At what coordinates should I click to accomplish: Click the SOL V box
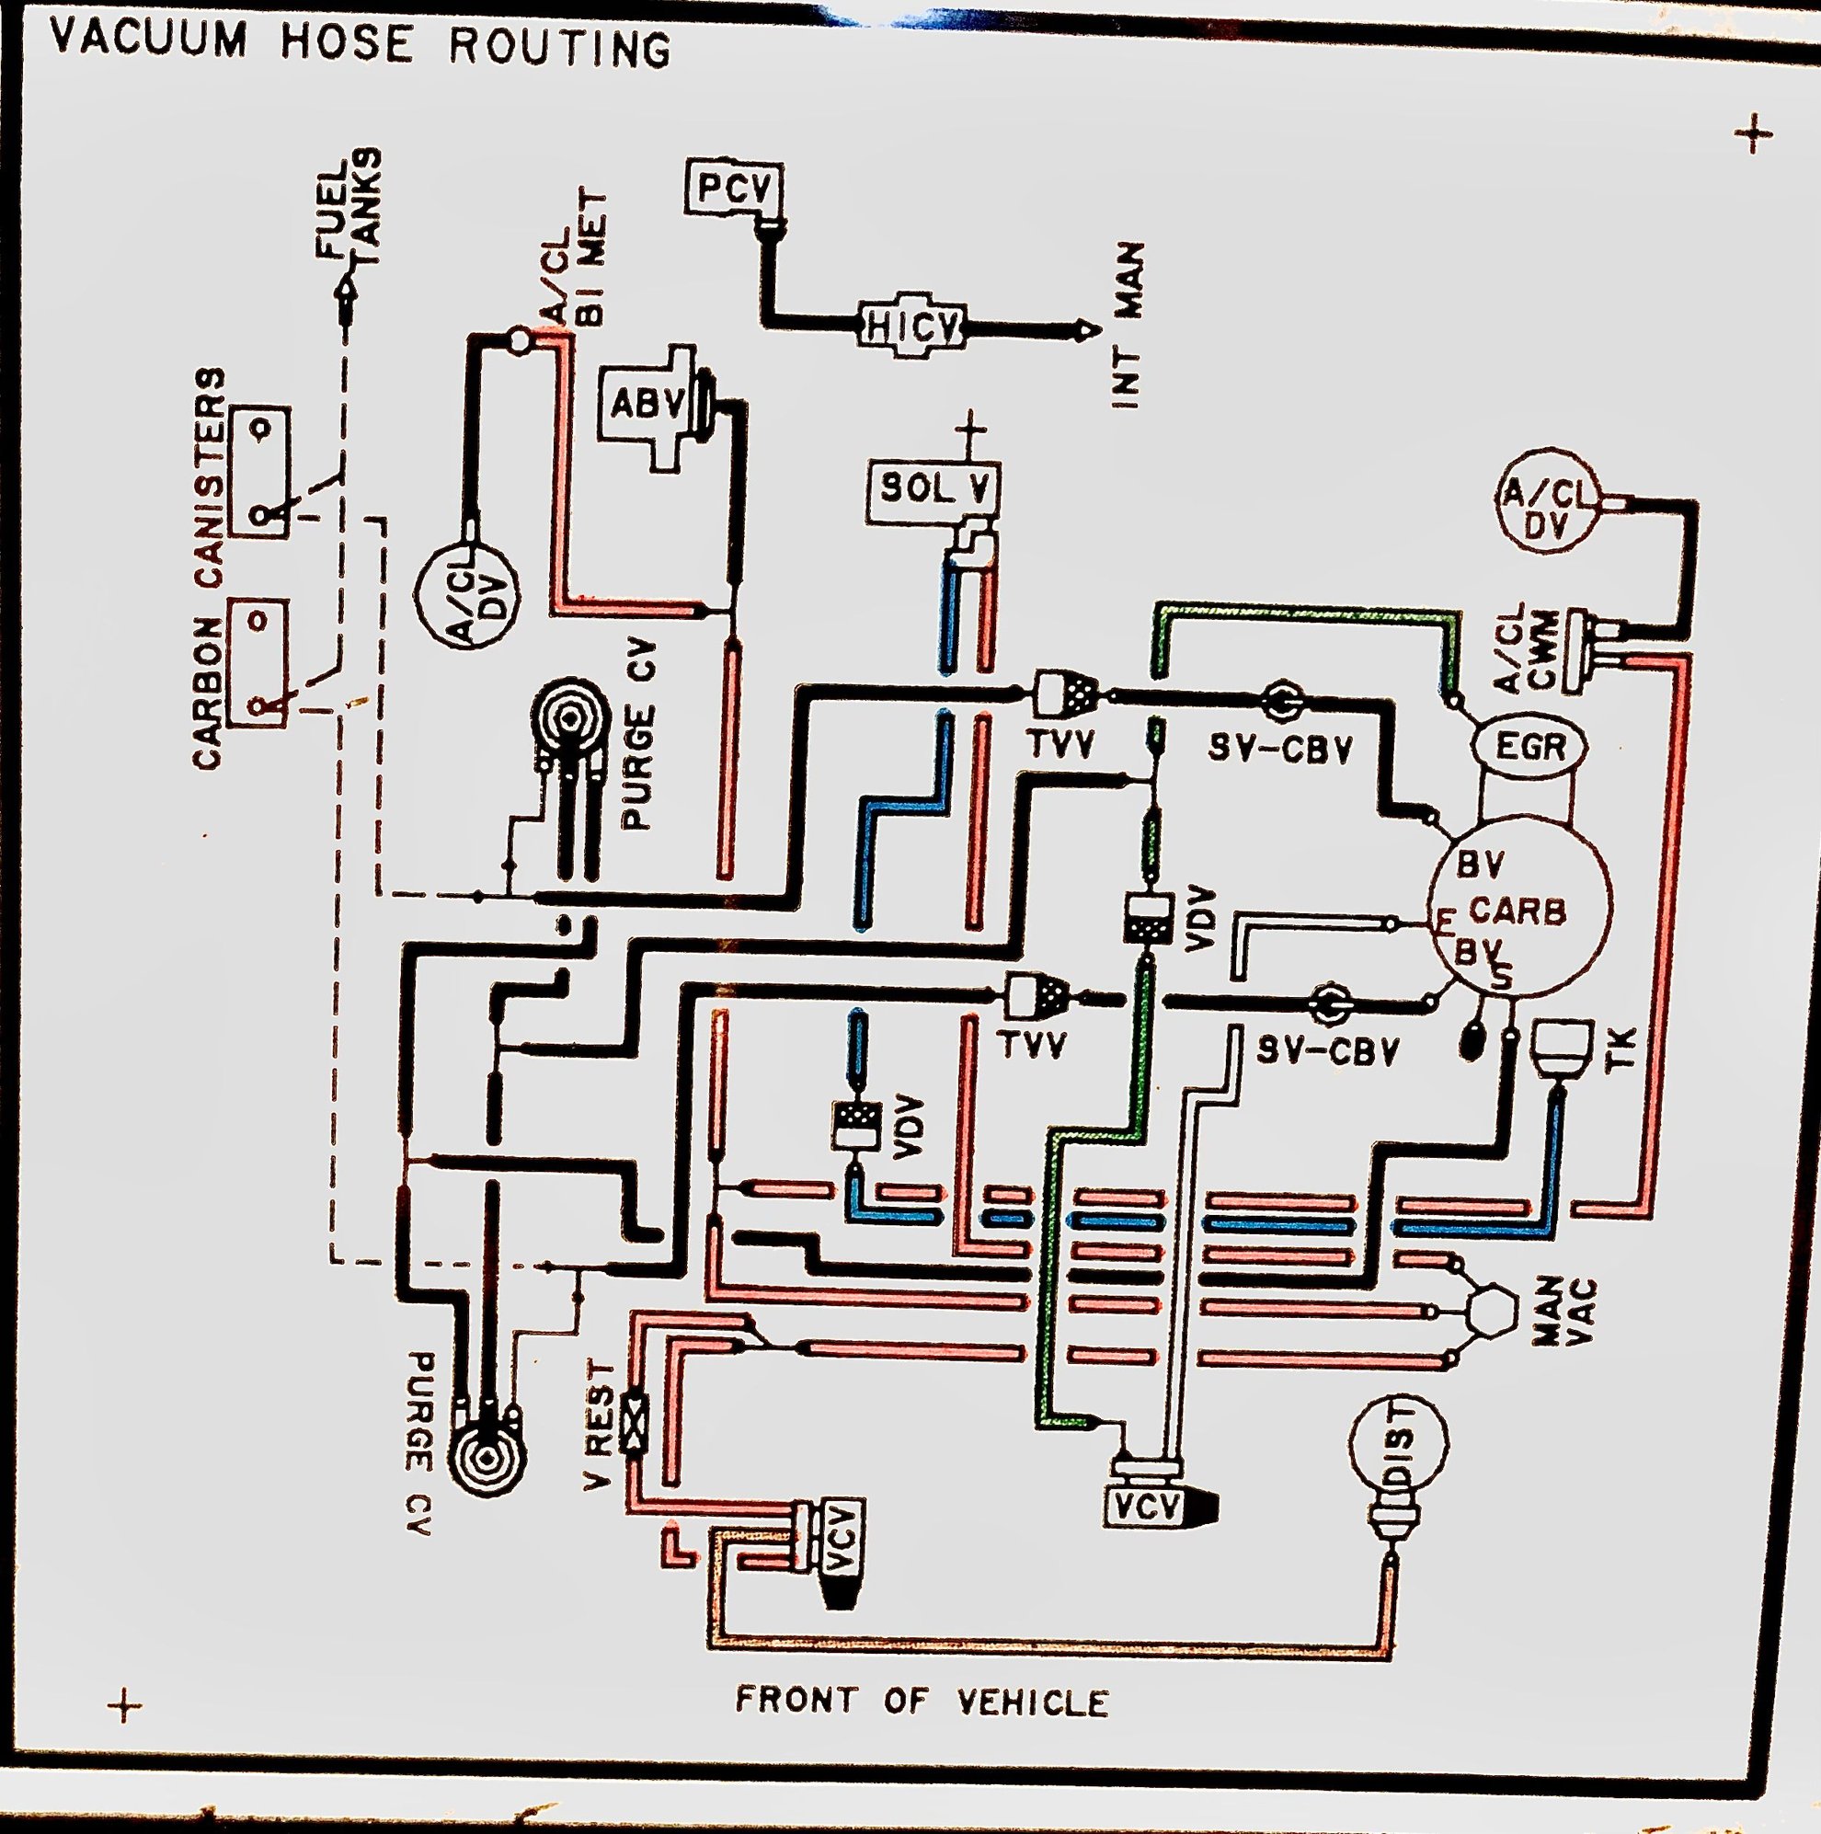933,491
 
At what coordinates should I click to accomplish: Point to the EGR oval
1529,746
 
